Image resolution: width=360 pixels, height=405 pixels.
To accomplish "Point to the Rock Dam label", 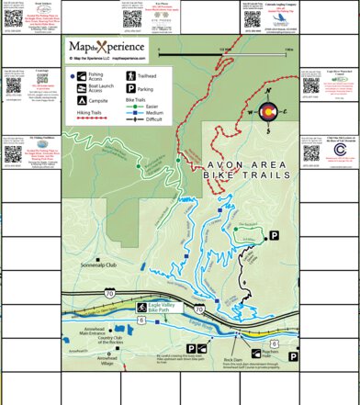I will point(232,360).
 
